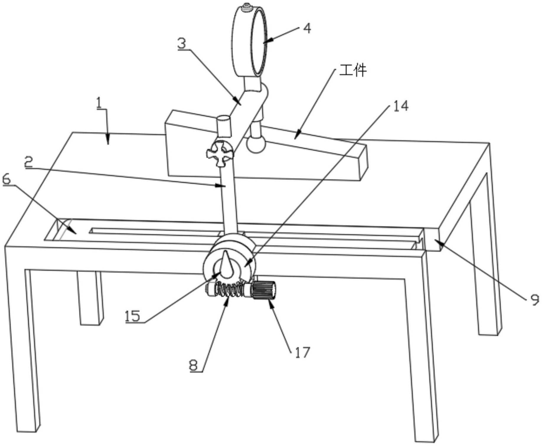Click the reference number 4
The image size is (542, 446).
tap(307, 29)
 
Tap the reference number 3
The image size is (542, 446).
tap(182, 43)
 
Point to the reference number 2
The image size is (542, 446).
tap(29, 162)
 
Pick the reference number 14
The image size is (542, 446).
tap(401, 106)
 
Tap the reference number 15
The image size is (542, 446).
tap(132, 316)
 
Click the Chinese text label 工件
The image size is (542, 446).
tap(352, 71)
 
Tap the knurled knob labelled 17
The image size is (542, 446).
tap(264, 290)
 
